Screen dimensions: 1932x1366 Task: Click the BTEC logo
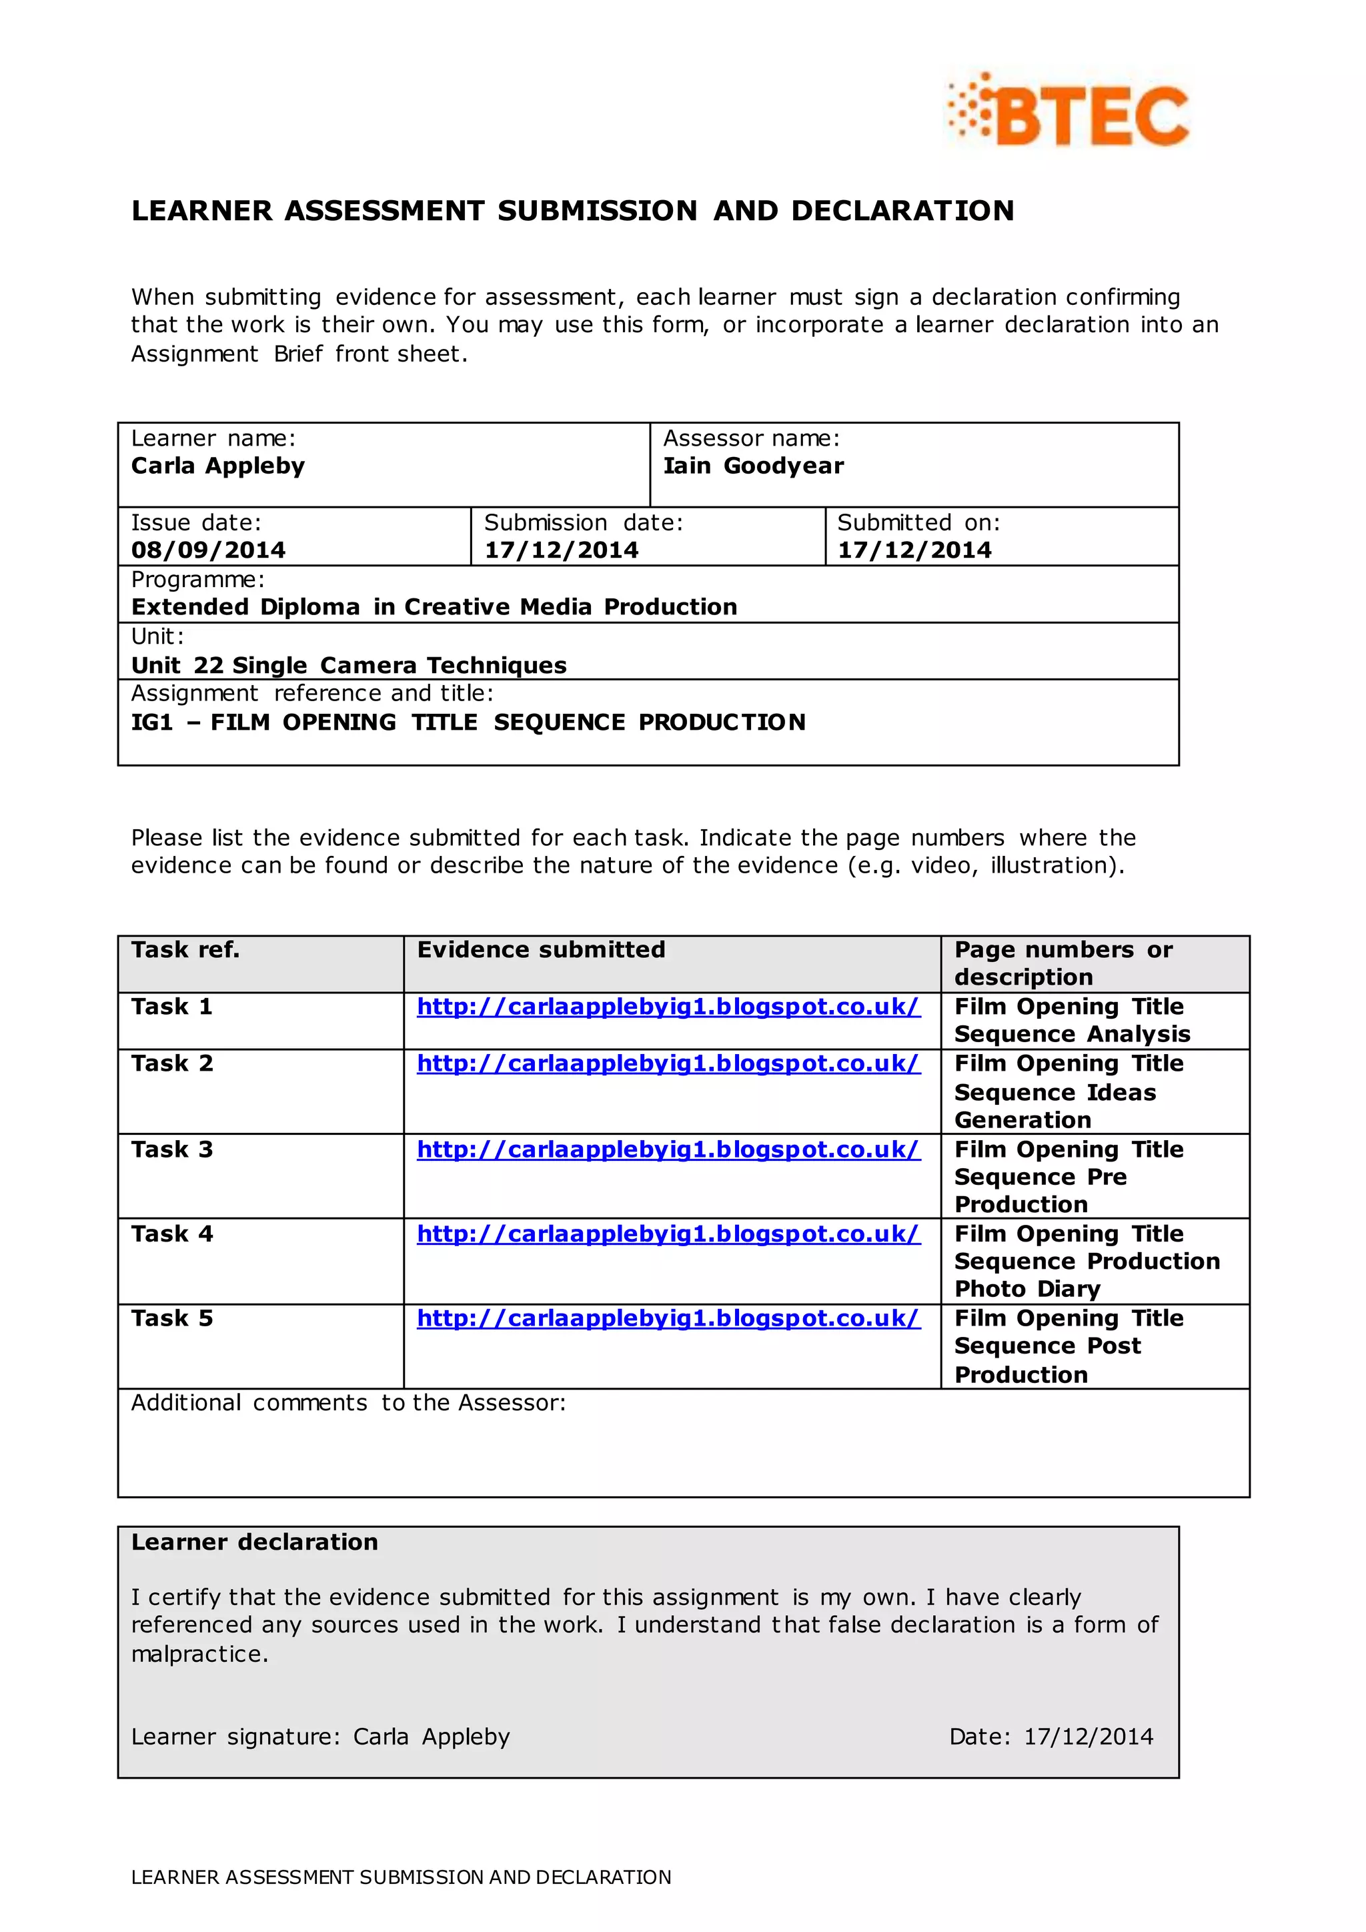[x=1069, y=113]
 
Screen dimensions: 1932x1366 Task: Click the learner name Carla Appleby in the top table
[x=218, y=466]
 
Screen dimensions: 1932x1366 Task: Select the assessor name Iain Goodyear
[x=753, y=466]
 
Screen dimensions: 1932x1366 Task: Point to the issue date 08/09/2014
[x=207, y=550]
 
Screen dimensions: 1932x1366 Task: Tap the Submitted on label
[x=918, y=522]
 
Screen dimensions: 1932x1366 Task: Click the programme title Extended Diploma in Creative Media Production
[x=434, y=606]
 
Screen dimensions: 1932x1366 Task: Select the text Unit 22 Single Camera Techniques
[x=349, y=666]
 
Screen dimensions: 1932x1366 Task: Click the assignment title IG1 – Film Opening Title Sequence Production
[x=468, y=722]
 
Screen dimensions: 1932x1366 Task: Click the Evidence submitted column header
[x=541, y=950]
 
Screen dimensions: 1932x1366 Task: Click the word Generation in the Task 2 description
[x=1022, y=1120]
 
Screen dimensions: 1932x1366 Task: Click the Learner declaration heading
[x=255, y=1542]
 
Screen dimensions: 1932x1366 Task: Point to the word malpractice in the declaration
[x=199, y=1654]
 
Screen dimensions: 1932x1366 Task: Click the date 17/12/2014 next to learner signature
[x=1089, y=1737]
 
